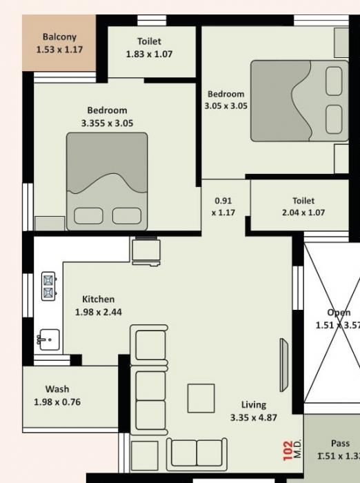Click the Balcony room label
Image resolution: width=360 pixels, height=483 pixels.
[59, 37]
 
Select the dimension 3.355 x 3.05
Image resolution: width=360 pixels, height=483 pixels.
[107, 124]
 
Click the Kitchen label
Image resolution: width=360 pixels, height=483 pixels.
[99, 299]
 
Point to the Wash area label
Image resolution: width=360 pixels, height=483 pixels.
[57, 389]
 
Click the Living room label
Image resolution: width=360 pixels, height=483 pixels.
[254, 405]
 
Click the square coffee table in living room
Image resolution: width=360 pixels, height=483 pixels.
[201, 398]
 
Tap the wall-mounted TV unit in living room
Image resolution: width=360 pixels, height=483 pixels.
[283, 365]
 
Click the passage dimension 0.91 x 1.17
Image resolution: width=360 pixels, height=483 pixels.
[223, 207]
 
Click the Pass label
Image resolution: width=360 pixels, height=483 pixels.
[340, 444]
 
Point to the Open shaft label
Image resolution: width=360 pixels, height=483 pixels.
[339, 313]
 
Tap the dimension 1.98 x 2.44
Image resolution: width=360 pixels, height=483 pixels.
[99, 313]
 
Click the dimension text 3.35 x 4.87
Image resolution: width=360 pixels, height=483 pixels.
[254, 418]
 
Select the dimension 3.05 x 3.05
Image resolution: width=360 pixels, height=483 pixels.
[226, 106]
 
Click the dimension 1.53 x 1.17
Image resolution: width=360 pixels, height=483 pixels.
[59, 50]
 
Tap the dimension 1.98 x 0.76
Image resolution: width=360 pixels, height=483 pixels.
[57, 402]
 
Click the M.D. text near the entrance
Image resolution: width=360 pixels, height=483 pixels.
[297, 451]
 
